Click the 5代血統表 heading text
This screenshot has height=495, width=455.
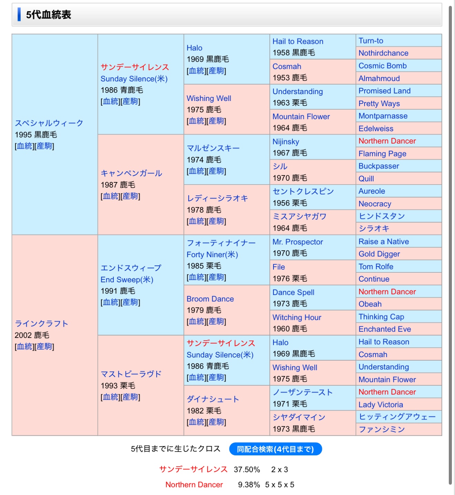click(49, 15)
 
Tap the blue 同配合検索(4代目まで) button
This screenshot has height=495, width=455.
click(275, 449)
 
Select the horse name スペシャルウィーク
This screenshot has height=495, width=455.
click(49, 123)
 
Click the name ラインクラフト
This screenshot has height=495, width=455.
click(41, 323)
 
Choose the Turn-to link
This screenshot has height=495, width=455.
click(371, 41)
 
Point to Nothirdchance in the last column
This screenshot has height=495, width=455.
click(383, 53)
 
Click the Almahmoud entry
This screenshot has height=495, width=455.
click(379, 78)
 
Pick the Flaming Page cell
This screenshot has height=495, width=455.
click(382, 153)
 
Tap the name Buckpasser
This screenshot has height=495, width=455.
click(379, 166)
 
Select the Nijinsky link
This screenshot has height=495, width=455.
click(286, 142)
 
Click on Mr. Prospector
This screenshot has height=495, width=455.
click(298, 242)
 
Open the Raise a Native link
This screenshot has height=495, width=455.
click(384, 241)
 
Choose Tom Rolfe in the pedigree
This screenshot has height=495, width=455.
click(376, 266)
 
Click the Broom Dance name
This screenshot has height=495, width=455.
click(210, 299)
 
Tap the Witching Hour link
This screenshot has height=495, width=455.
click(297, 317)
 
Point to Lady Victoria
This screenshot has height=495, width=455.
click(380, 404)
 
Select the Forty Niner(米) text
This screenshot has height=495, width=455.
click(212, 254)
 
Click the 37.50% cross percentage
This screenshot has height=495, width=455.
click(247, 469)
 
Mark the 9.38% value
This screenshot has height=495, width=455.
click(249, 485)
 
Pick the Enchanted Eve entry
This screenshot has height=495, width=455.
click(385, 329)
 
